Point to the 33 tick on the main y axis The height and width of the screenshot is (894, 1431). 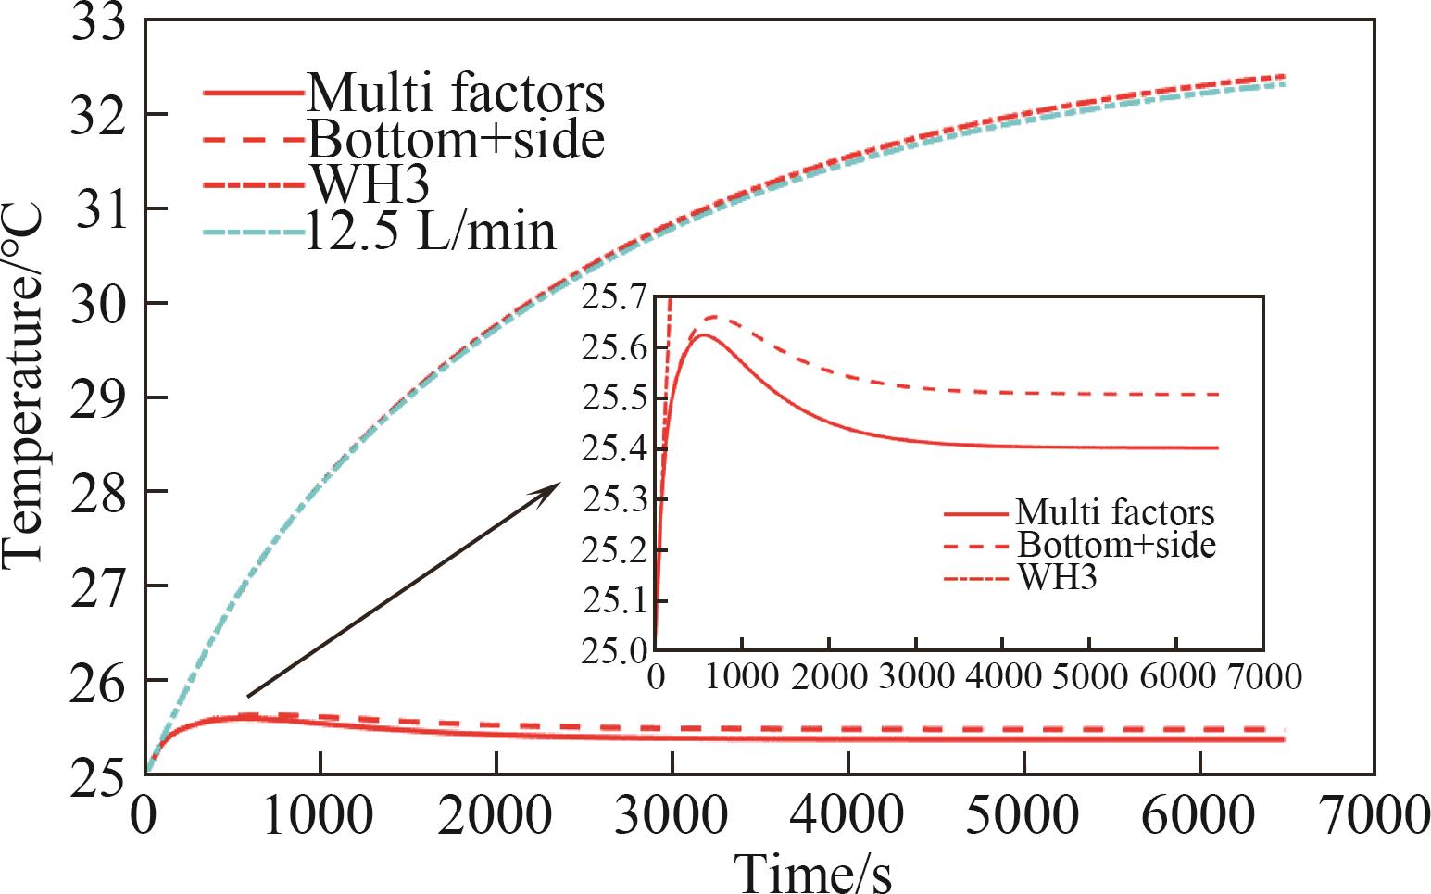[x=98, y=20]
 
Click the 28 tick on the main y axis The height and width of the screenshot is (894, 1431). [x=98, y=491]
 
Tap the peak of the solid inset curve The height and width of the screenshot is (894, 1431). [x=703, y=334]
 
